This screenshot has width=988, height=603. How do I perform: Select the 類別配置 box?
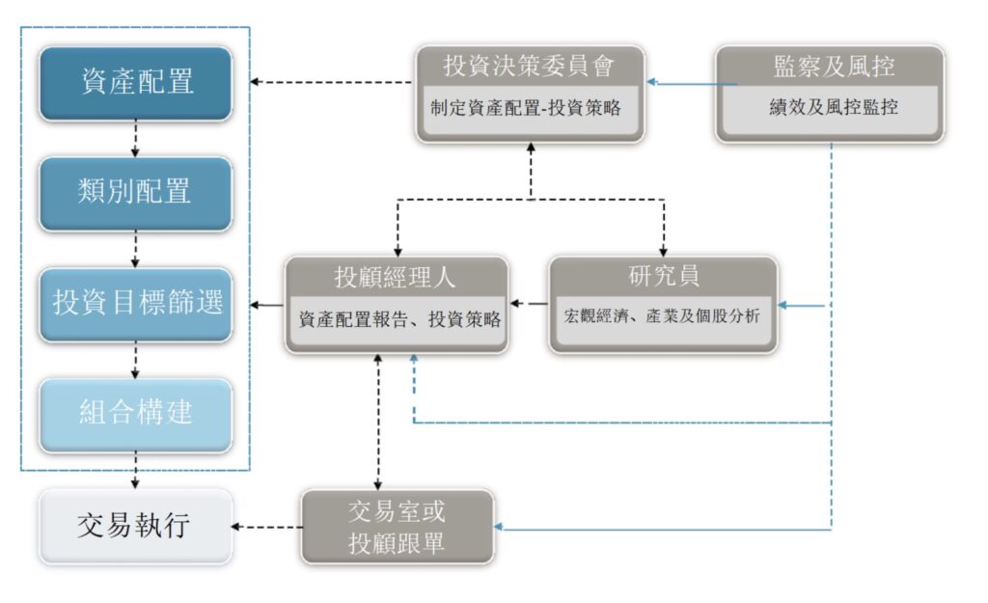[136, 192]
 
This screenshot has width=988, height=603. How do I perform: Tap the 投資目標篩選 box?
[136, 303]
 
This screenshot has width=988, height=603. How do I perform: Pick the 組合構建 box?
[136, 414]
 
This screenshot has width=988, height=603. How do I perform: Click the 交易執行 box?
[136, 527]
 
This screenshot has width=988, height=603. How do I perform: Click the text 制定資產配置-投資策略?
[526, 108]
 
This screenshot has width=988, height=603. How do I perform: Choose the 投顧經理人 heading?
[395, 278]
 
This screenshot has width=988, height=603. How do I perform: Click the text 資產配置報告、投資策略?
[399, 319]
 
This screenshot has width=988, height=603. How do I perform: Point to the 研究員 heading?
[663, 277]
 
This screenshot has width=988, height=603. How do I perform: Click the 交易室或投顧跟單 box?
[397, 527]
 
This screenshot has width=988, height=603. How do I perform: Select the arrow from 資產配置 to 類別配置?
[136, 138]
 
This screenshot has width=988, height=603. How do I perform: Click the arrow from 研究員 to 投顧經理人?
[529, 305]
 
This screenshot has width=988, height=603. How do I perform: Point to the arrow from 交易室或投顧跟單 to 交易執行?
[266, 527]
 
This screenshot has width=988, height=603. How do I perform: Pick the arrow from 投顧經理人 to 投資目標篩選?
[266, 306]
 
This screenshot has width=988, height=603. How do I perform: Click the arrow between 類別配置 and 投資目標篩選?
[136, 248]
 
